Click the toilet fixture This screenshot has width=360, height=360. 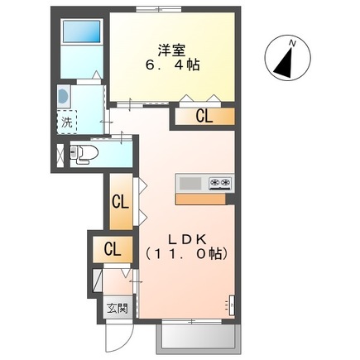[x=83, y=152]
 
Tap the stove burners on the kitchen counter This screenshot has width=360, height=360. [x=219, y=183]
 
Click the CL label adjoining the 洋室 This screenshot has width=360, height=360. [x=204, y=117]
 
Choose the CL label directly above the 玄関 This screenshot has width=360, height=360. [x=112, y=249]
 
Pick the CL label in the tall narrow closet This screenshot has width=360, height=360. [x=121, y=201]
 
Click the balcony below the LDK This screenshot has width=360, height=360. [x=198, y=338]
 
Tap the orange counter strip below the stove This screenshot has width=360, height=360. [x=204, y=198]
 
